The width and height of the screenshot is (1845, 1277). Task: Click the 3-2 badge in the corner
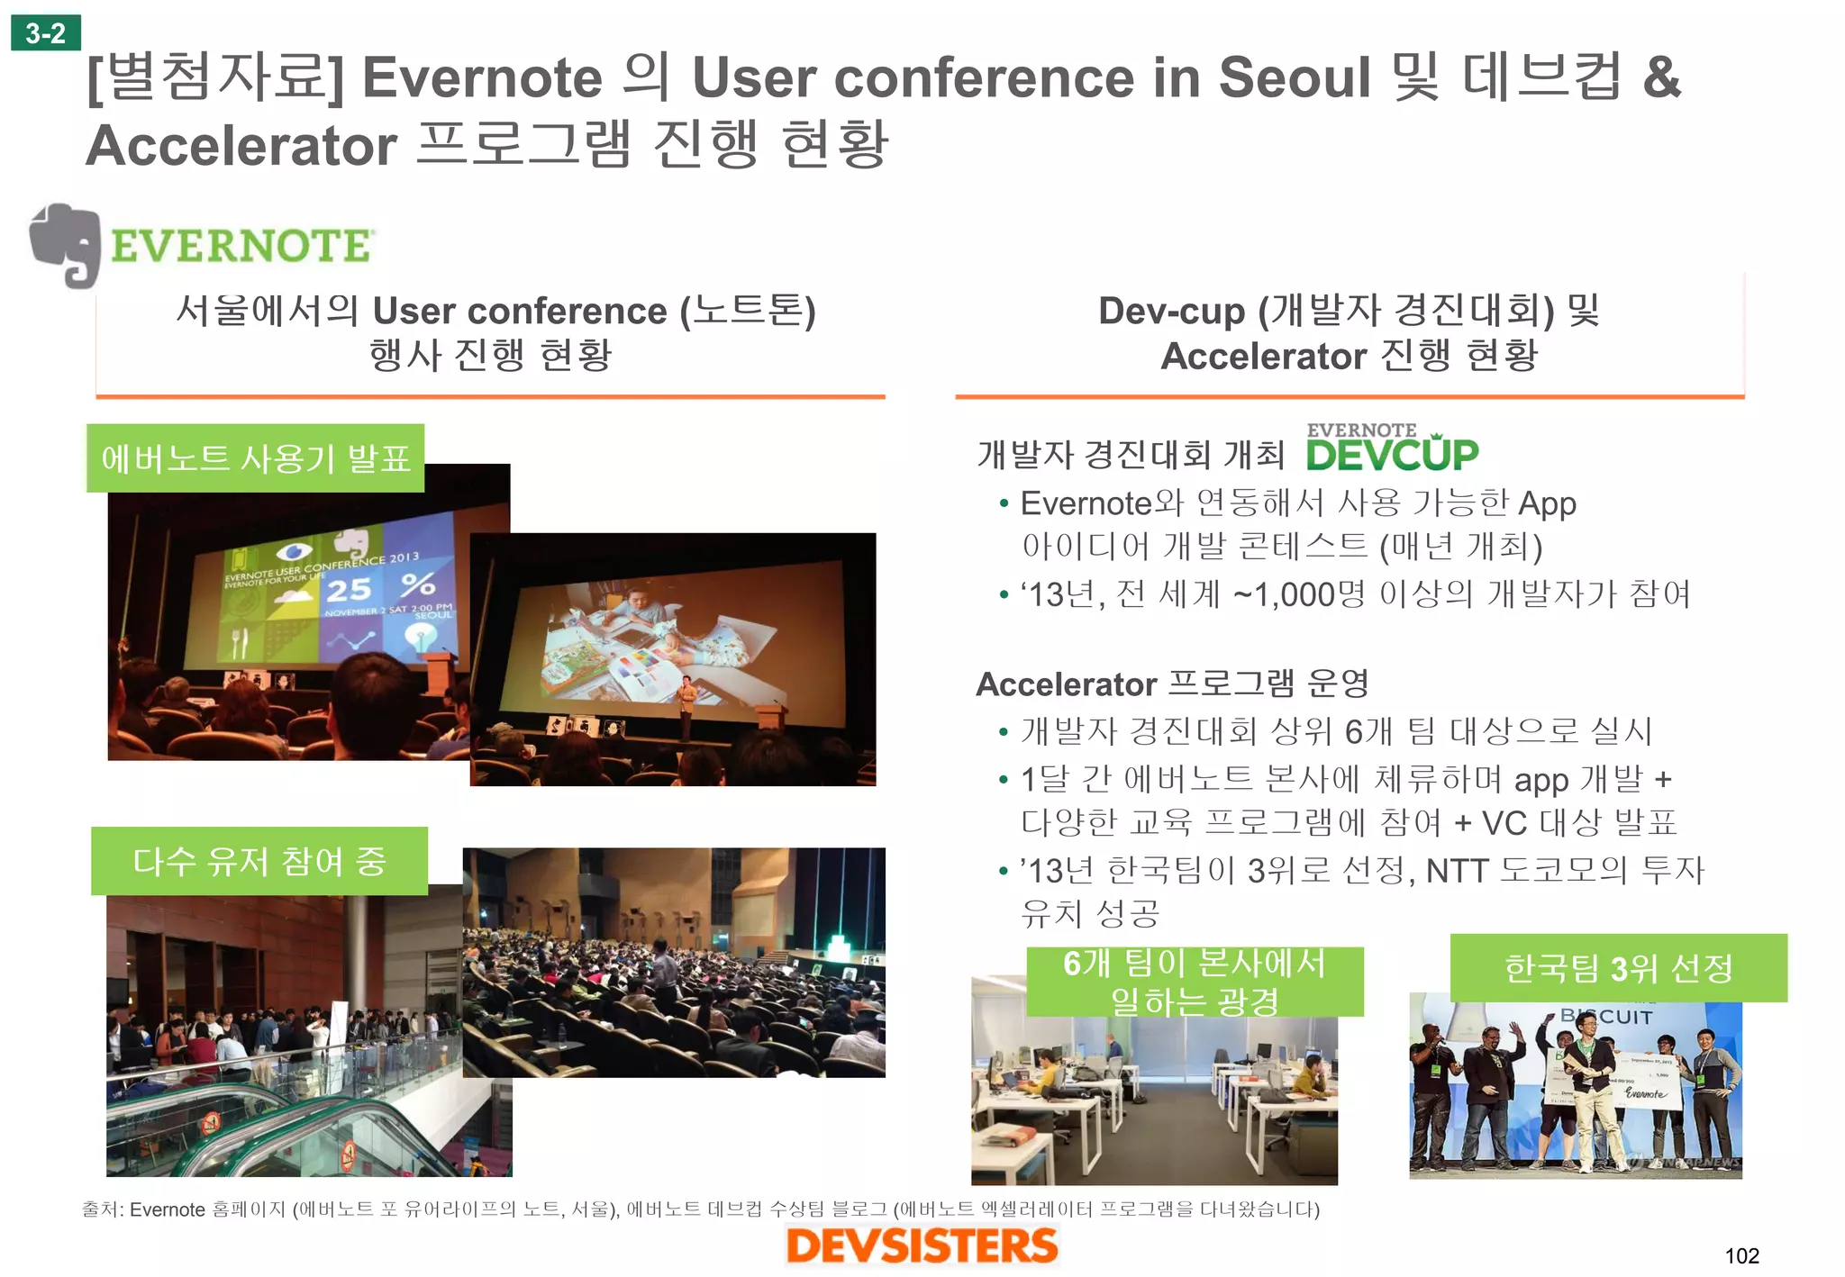pyautogui.click(x=45, y=33)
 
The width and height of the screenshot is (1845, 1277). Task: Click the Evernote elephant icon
pyautogui.click(x=65, y=245)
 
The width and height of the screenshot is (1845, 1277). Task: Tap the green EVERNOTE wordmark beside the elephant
pyautogui.click(x=241, y=247)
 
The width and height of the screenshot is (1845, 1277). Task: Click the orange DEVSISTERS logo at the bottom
pyautogui.click(x=922, y=1246)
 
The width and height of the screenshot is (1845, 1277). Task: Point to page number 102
pyautogui.click(x=1741, y=1255)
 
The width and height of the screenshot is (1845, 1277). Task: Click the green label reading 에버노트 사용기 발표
pyautogui.click(x=256, y=458)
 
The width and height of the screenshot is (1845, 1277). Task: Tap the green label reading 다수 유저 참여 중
pyautogui.click(x=259, y=861)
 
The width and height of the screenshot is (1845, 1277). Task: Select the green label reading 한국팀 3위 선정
pyautogui.click(x=1618, y=968)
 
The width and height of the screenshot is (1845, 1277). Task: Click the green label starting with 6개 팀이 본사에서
pyautogui.click(x=1195, y=982)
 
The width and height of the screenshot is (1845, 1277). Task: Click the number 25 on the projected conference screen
pyautogui.click(x=349, y=590)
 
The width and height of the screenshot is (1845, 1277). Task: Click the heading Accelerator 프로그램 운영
pyautogui.click(x=1172, y=684)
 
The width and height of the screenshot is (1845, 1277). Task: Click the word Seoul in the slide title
pyautogui.click(x=1294, y=77)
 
